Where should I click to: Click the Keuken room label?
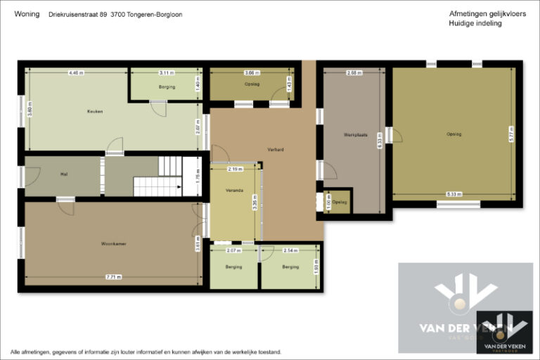95,112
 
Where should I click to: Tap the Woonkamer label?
113,244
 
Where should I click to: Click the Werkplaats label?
352,134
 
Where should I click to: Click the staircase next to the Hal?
158,177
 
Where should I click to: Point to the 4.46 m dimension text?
76,72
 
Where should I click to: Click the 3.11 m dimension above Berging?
166,72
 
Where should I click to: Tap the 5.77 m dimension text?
510,134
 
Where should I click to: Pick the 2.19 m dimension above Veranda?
235,169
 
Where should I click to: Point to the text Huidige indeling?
475,23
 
